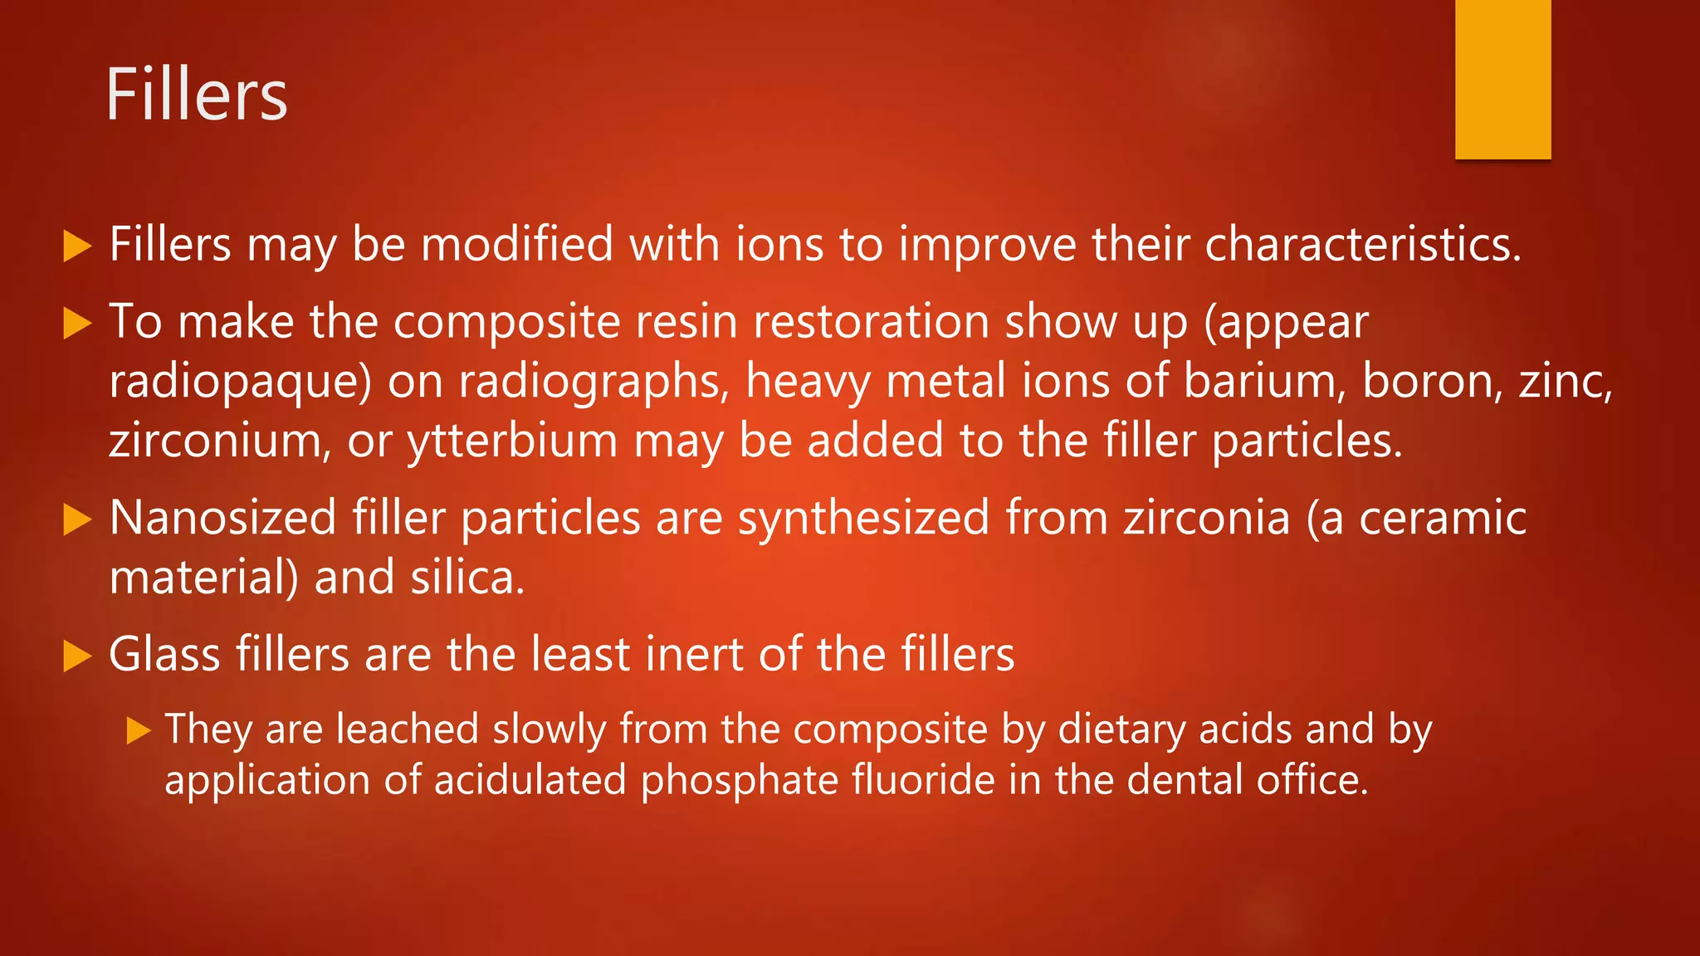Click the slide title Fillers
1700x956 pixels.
(196, 95)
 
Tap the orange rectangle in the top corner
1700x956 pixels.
(1502, 79)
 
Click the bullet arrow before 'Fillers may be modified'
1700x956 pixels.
(76, 246)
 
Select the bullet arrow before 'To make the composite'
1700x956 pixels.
(76, 324)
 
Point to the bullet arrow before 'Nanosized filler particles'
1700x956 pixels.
(76, 519)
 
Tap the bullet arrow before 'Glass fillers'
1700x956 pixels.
(76, 656)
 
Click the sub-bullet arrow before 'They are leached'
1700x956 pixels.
(139, 731)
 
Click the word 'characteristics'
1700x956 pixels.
(1361, 245)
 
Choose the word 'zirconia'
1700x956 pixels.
(1207, 518)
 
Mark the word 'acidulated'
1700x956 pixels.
(530, 781)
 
